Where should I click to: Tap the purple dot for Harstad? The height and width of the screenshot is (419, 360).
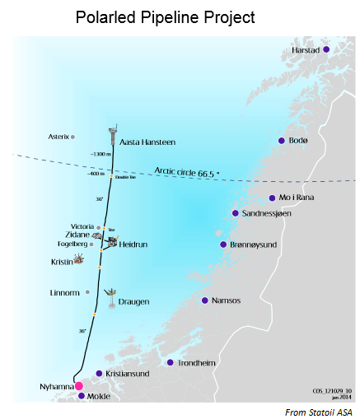(325, 49)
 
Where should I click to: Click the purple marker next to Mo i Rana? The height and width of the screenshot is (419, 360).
(272, 198)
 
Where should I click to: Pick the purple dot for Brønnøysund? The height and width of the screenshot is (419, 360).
(222, 244)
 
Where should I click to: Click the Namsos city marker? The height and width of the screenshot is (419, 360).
(204, 300)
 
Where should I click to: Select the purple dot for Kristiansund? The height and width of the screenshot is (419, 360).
(99, 373)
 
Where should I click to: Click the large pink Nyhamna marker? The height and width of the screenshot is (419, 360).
(79, 385)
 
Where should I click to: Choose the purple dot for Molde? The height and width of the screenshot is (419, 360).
(81, 396)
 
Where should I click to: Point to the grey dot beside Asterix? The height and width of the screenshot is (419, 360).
(73, 137)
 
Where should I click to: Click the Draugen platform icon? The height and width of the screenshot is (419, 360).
(110, 296)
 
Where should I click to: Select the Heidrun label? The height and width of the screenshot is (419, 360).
(134, 244)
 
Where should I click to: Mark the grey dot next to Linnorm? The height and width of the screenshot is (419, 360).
(87, 292)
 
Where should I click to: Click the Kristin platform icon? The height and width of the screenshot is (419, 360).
(78, 259)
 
